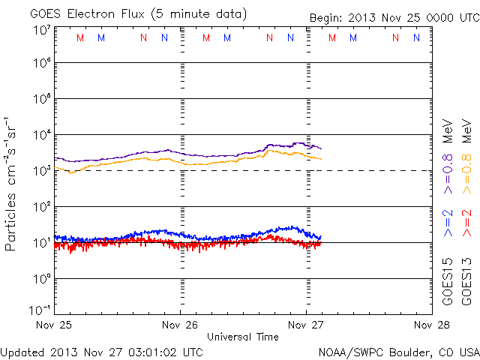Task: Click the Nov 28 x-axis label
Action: point(430,325)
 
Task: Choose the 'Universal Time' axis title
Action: point(243,337)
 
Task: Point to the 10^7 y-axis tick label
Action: point(40,30)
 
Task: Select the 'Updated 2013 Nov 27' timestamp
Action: point(102,351)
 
